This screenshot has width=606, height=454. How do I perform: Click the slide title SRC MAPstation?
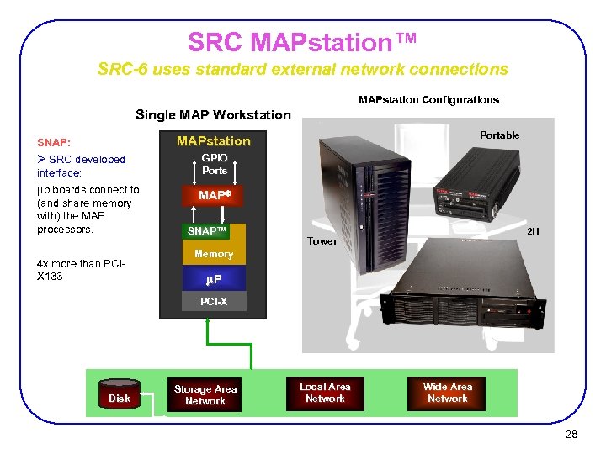click(x=302, y=41)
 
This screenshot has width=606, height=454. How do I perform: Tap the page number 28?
click(x=572, y=435)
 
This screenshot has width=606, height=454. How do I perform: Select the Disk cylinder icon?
click(x=120, y=394)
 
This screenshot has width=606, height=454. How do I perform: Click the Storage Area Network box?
click(x=205, y=394)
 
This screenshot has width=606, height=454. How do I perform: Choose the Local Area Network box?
click(x=325, y=393)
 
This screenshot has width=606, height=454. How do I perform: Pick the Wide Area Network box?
click(x=447, y=393)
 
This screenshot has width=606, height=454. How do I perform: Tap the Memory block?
click(x=214, y=254)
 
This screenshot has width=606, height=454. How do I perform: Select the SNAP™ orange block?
click(x=207, y=231)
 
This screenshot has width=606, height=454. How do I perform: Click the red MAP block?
click(x=214, y=195)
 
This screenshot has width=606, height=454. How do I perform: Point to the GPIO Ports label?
click(x=215, y=164)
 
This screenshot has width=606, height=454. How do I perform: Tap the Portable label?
click(x=499, y=135)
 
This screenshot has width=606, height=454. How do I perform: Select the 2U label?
click(x=533, y=230)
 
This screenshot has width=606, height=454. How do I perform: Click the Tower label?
click(x=322, y=241)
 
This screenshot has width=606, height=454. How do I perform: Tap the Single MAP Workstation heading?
click(x=213, y=115)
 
